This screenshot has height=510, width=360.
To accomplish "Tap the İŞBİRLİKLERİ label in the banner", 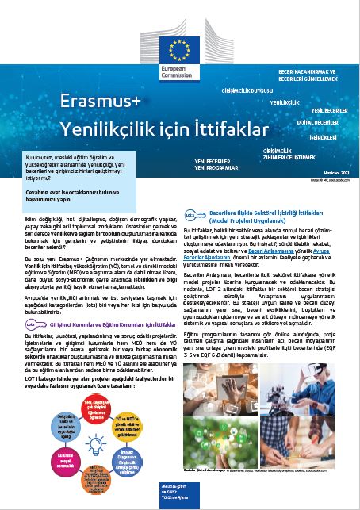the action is tap(323, 136).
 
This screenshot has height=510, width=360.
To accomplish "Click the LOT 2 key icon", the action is tap(191, 214).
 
